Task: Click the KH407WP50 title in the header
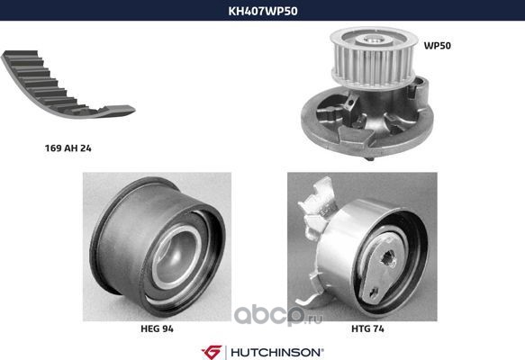click(263, 11)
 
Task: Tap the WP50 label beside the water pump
click(438, 46)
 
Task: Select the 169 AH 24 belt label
click(68, 148)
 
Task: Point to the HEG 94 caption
click(157, 328)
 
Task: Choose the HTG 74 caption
click(367, 328)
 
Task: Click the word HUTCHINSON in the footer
click(276, 352)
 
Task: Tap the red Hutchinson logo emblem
click(212, 352)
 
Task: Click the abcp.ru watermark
click(278, 316)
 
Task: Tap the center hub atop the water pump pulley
click(373, 39)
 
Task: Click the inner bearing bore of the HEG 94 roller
click(176, 256)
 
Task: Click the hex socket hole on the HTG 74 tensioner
click(388, 257)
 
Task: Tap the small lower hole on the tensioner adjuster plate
click(373, 292)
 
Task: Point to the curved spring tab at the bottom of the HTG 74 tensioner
click(310, 300)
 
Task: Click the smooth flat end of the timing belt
click(118, 111)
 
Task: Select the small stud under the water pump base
click(370, 158)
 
